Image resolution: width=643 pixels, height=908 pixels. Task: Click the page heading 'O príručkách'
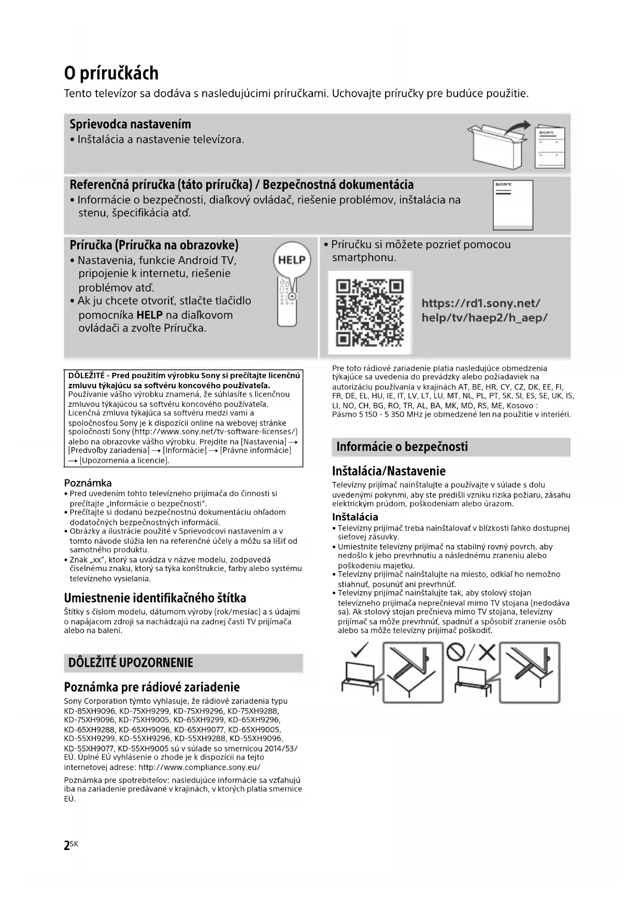click(111, 73)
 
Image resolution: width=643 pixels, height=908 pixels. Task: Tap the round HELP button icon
click(292, 260)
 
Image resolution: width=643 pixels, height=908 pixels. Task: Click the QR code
click(370, 313)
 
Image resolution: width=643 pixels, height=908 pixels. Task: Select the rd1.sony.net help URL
click(484, 310)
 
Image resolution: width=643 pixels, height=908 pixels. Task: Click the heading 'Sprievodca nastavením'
click(130, 124)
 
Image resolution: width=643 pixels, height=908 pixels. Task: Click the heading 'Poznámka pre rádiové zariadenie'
click(152, 687)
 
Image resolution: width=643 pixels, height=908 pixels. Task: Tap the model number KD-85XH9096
click(90, 711)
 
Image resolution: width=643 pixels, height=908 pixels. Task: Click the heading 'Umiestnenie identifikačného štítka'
click(155, 598)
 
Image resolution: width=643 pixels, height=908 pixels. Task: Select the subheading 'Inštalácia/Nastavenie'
click(389, 471)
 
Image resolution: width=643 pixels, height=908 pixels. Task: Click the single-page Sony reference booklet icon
click(512, 204)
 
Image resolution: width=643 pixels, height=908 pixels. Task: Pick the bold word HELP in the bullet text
click(149, 315)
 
